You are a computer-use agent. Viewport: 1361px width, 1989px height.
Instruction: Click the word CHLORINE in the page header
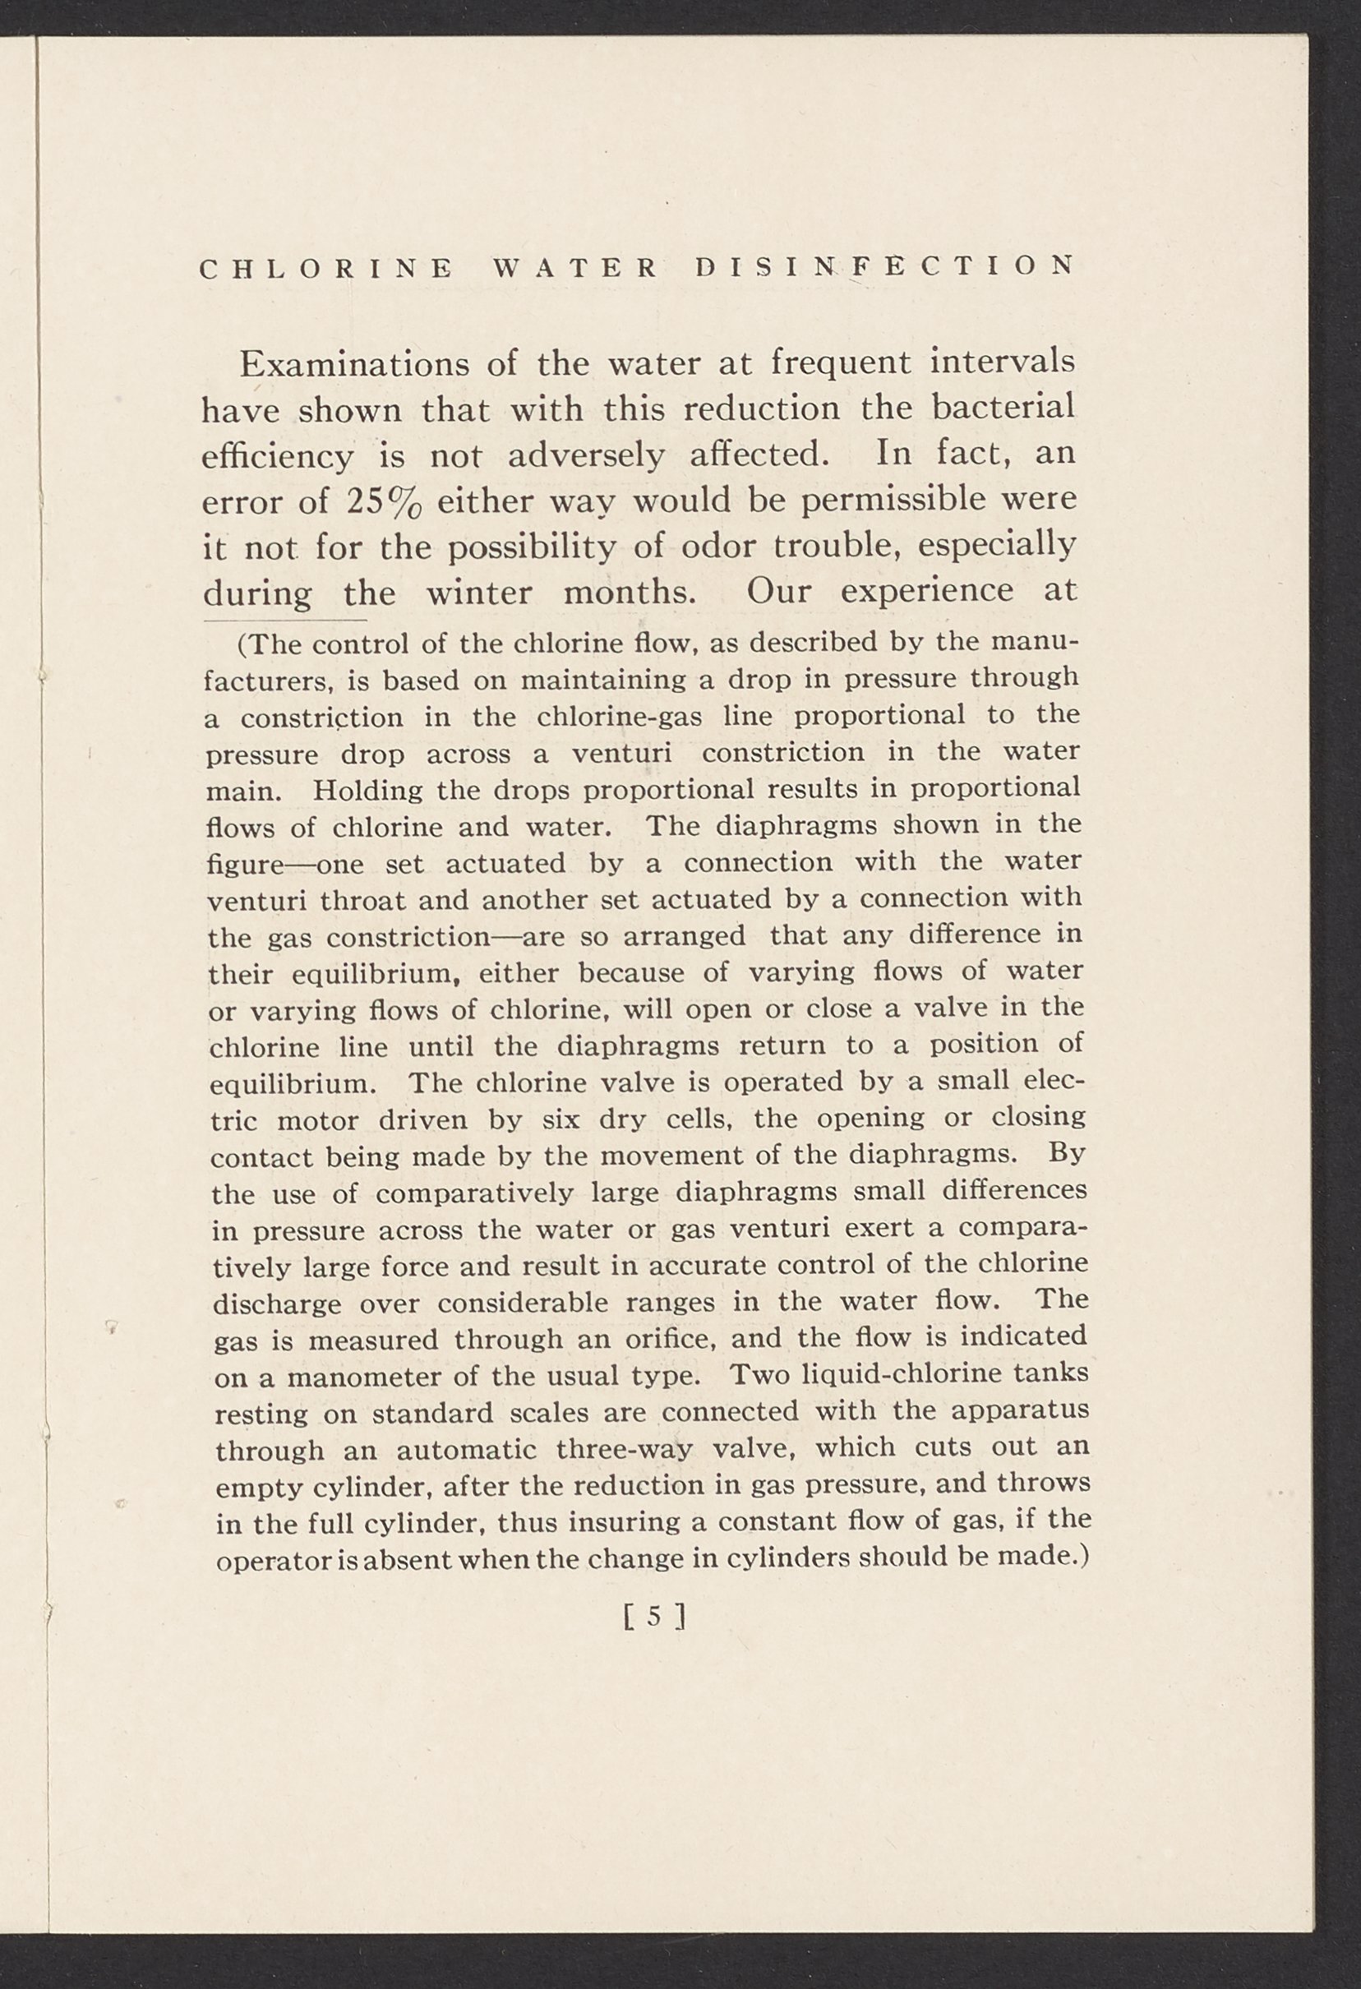pyautogui.click(x=326, y=268)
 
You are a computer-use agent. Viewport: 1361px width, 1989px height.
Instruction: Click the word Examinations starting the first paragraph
pyautogui.click(x=354, y=365)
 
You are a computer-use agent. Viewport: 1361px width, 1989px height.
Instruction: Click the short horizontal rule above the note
pyautogui.click(x=285, y=621)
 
